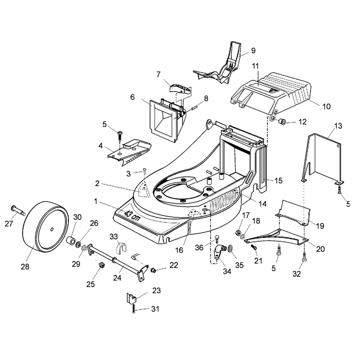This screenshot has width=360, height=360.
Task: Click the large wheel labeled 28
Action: pos(45,227)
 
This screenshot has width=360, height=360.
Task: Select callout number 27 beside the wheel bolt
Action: pos(9,223)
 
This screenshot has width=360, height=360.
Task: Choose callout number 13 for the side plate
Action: pos(338,126)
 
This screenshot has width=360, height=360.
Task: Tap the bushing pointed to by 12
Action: pos(282,121)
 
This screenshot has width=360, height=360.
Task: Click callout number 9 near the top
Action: pos(253,50)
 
